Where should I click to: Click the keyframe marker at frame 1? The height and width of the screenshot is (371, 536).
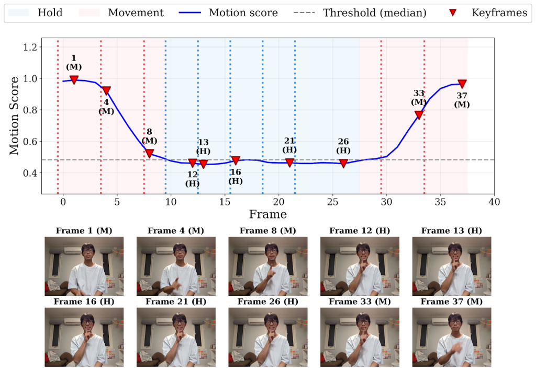[74, 79]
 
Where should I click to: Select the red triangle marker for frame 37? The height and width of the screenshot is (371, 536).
[462, 84]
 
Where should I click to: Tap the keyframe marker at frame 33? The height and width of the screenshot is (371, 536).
[419, 115]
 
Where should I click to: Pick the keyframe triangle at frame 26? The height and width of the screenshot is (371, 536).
[343, 163]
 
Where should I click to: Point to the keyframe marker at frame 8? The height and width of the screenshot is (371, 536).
[149, 153]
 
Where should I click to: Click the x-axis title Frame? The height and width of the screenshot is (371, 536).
[267, 214]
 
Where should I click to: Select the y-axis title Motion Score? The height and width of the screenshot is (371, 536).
[14, 116]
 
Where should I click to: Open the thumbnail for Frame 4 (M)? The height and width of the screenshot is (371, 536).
[176, 266]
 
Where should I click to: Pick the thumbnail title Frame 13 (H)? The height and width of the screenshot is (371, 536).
[451, 230]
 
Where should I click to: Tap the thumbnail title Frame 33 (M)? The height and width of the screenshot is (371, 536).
[360, 302]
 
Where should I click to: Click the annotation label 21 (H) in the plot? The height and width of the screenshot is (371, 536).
[289, 145]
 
